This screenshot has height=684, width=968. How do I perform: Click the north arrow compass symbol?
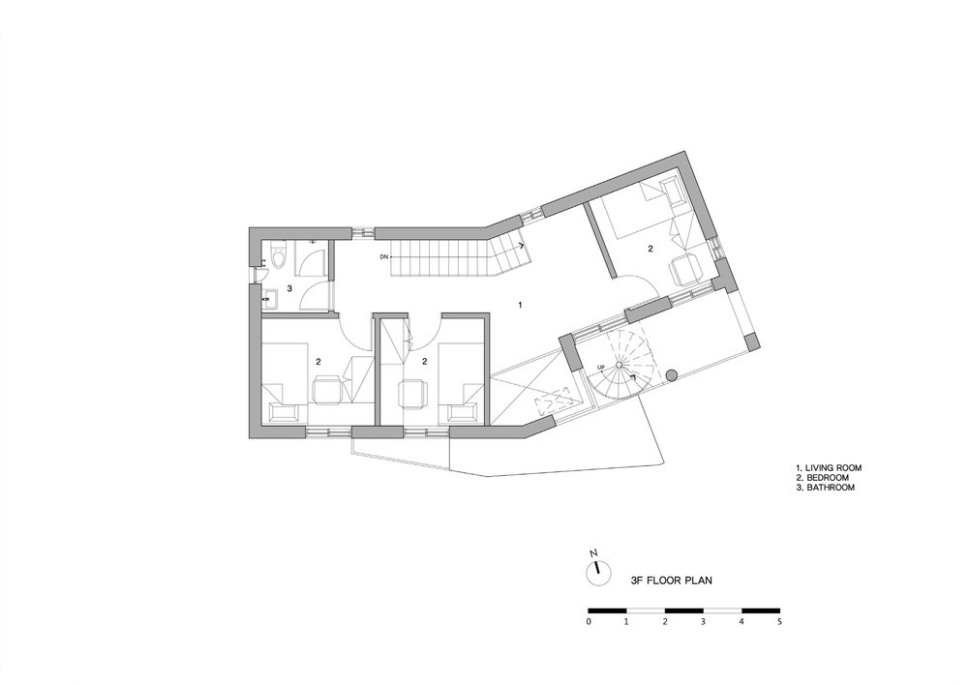[x=597, y=572]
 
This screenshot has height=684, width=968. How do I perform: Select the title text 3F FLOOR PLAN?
[x=671, y=580]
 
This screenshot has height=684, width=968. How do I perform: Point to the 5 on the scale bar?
[x=779, y=622]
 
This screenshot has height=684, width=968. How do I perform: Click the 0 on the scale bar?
[x=589, y=622]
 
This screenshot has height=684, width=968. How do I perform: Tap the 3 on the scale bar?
[x=703, y=622]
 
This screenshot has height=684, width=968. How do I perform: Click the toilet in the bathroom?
[x=279, y=256]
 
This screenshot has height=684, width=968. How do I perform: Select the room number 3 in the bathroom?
[x=288, y=288]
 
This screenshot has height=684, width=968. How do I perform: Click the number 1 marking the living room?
[x=521, y=305]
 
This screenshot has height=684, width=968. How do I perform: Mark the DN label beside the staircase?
[x=383, y=256]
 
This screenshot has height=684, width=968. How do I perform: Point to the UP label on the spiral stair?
[x=601, y=369]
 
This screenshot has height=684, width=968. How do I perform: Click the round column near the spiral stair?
[x=671, y=374]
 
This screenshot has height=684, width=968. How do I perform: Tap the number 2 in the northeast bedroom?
[x=650, y=249]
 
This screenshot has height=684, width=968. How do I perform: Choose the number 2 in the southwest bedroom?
[x=318, y=361]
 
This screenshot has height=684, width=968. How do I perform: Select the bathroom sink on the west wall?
[x=268, y=299]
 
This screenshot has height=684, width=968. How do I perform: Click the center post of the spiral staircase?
[x=620, y=365]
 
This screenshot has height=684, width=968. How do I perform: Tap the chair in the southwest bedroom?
[x=327, y=389]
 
